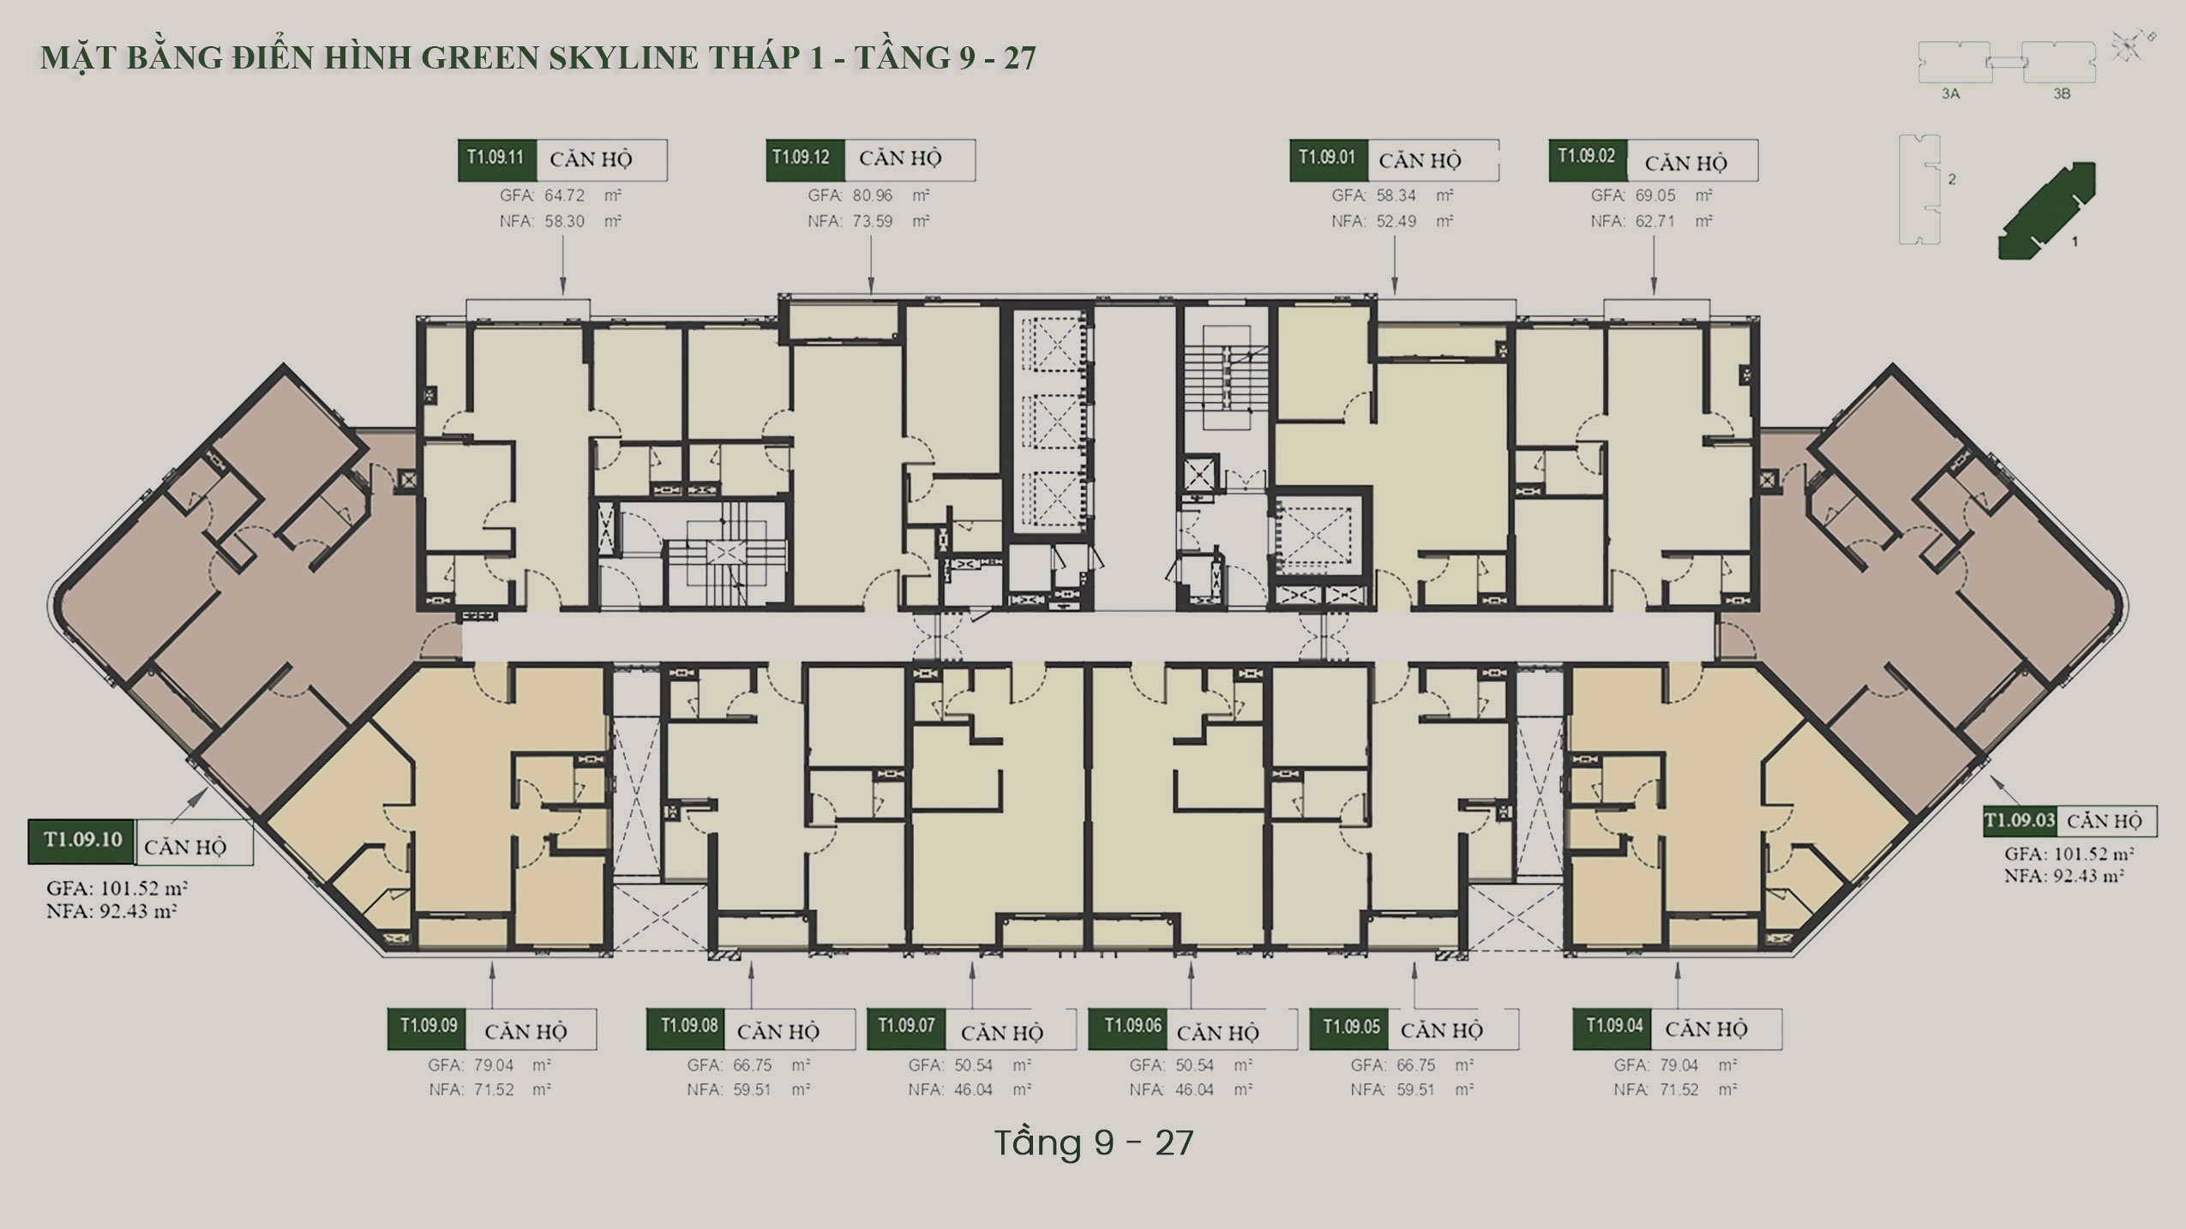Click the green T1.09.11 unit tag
pyautogui.click(x=497, y=160)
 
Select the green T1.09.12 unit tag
pyautogui.click(x=805, y=160)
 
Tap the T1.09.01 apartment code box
pyautogui.click(x=1329, y=160)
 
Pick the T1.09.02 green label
pyautogui.click(x=1588, y=160)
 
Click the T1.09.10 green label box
pyautogui.click(x=82, y=842)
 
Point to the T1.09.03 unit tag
pyautogui.click(x=2021, y=821)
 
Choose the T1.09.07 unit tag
pyautogui.click(x=906, y=1028)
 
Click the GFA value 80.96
pyautogui.click(x=873, y=195)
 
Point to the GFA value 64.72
pyautogui.click(x=564, y=195)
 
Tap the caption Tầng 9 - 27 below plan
pyautogui.click(x=1093, y=1142)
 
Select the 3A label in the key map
pyautogui.click(x=1950, y=93)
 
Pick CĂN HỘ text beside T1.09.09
pyautogui.click(x=525, y=1031)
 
